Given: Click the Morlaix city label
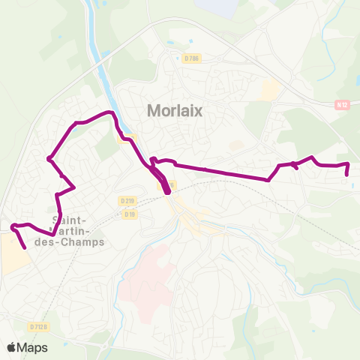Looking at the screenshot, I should pos(175,110).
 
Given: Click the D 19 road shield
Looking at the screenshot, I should pos(130,214).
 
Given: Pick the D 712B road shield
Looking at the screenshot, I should pos(38,326).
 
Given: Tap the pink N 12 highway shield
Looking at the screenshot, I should pos(343,106).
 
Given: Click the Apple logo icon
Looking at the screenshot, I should pos(12,347).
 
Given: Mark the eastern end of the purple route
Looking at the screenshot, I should pos(346,175).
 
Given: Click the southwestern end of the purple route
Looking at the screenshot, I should pos(25,247).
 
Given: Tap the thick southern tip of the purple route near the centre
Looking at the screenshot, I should pos(167,191).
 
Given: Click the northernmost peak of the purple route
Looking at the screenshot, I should pos(111,112).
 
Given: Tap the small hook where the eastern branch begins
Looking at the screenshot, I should pos(152,160).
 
